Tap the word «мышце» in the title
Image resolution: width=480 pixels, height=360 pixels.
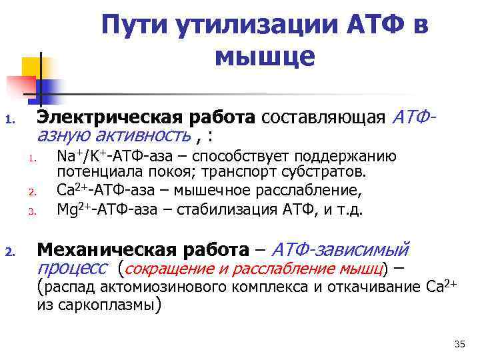pos(265,58)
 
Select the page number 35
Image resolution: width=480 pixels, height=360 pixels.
pos(459,344)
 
